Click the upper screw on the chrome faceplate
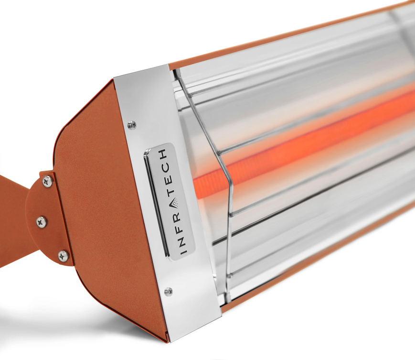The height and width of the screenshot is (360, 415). pos(132,125)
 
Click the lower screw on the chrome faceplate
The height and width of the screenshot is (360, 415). pos(168,291)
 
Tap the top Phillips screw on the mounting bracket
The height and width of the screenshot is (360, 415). pos(47,181)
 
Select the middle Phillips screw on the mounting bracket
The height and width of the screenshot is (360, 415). pos(42,221)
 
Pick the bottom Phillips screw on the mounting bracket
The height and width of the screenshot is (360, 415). pos(63,256)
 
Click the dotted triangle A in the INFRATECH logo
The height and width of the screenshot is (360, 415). pos(175,203)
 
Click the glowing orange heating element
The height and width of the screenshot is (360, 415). pos(306,139)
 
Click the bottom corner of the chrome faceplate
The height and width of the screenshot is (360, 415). pos(170,337)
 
